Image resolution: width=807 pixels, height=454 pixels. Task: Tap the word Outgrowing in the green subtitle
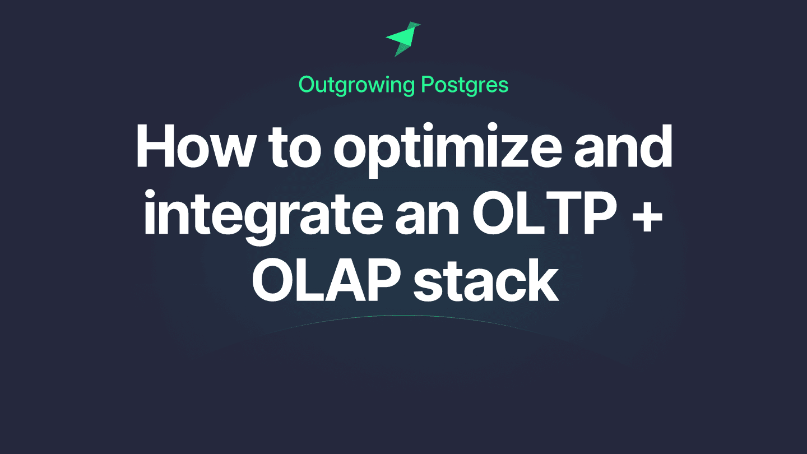[x=356, y=85]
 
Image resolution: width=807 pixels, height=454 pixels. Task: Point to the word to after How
[x=302, y=147]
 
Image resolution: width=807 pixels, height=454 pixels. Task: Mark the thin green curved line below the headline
[x=403, y=316]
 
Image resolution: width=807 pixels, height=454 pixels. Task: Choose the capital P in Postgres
[x=427, y=85]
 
